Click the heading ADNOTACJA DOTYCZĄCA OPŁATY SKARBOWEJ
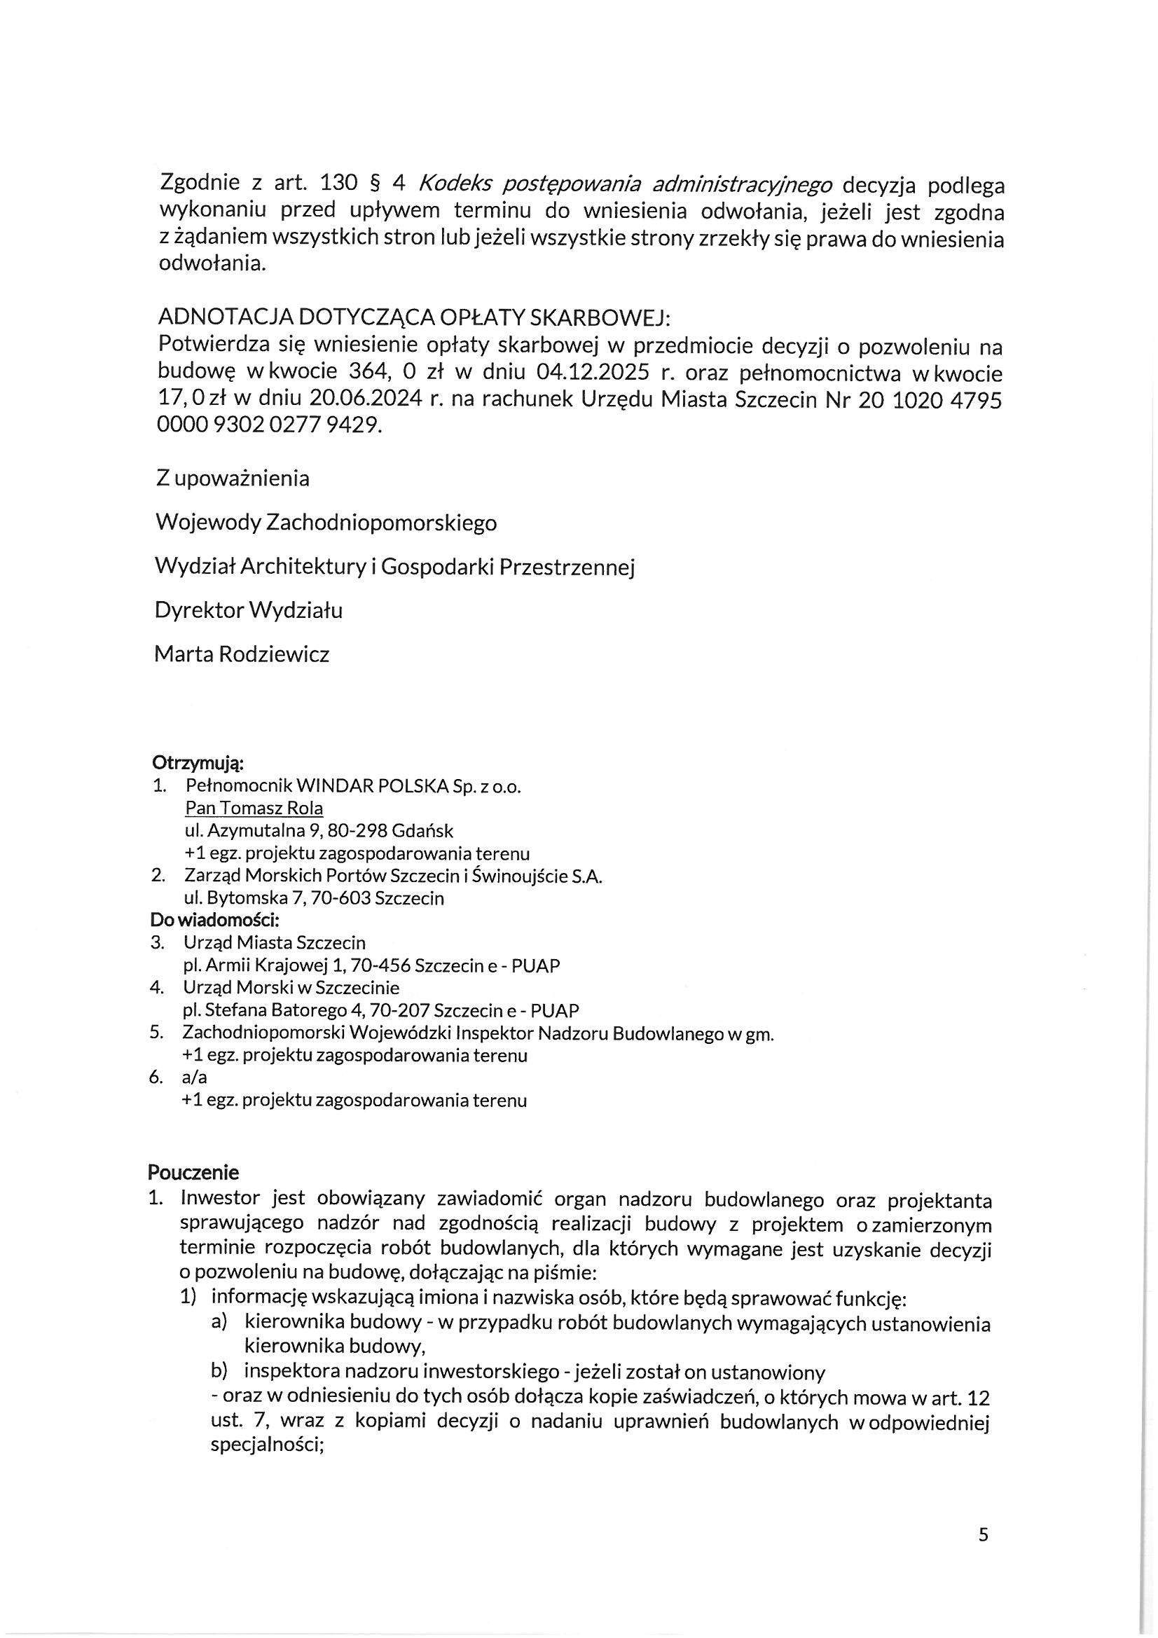click(x=413, y=317)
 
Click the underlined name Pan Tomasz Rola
click(x=254, y=808)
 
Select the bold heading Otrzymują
click(x=198, y=764)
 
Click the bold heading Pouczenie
click(x=193, y=1172)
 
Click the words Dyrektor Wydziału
click(x=248, y=611)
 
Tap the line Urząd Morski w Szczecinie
click(x=291, y=987)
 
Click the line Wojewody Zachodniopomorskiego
click(x=326, y=523)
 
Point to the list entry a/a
click(x=195, y=1077)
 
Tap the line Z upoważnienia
click(x=233, y=478)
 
